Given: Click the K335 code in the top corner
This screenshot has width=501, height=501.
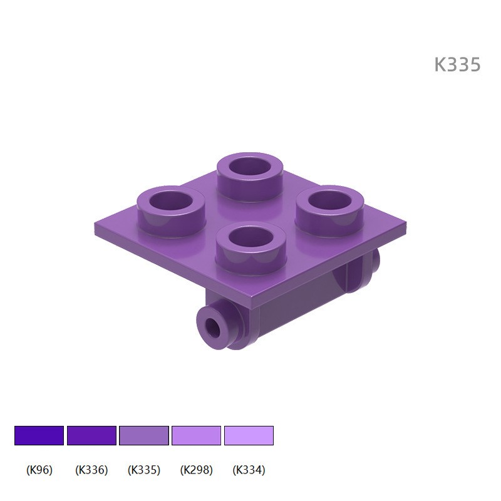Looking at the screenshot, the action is pyautogui.click(x=457, y=65).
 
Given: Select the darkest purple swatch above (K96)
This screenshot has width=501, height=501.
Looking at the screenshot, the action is pyautogui.click(x=39, y=435).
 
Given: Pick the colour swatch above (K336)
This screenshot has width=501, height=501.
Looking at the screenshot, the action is pyautogui.click(x=91, y=435).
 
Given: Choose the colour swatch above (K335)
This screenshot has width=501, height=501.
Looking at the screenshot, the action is pyautogui.click(x=144, y=435).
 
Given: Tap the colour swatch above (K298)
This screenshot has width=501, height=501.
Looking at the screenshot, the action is pyautogui.click(x=196, y=435).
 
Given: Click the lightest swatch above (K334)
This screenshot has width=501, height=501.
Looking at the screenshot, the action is pyautogui.click(x=249, y=435).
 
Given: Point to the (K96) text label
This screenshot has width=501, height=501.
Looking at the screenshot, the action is pyautogui.click(x=39, y=470).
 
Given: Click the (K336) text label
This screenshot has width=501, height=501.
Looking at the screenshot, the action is pyautogui.click(x=91, y=470).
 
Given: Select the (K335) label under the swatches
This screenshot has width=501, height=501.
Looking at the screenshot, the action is pyautogui.click(x=144, y=470).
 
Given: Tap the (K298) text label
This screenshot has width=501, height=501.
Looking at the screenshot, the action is pyautogui.click(x=196, y=470).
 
